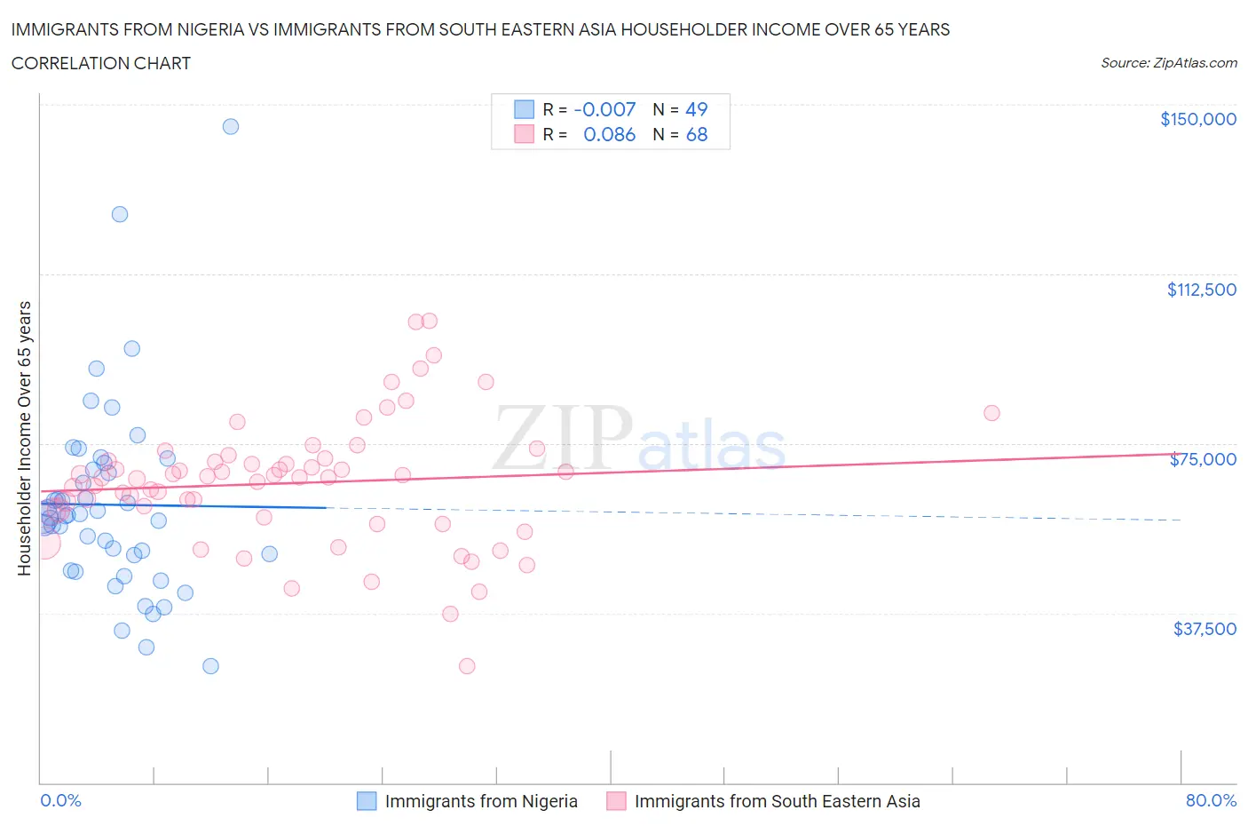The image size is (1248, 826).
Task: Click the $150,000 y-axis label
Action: click(x=1197, y=119)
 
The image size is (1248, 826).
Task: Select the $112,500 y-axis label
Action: click(x=1201, y=290)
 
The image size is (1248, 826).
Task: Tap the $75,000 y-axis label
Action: click(x=1203, y=459)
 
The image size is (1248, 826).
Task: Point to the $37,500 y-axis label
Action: click(x=1205, y=629)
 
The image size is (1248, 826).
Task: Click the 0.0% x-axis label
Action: click(x=60, y=800)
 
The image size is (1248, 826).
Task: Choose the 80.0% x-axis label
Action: click(x=1211, y=800)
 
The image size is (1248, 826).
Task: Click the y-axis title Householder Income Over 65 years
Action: click(x=25, y=438)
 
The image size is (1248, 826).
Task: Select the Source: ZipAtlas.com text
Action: click(x=1168, y=62)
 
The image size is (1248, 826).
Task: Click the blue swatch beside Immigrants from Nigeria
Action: click(x=367, y=801)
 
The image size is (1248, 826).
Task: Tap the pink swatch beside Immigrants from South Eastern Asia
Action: click(x=616, y=801)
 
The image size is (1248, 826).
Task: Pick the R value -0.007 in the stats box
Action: click(x=604, y=109)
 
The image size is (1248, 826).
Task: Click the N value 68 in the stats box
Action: click(x=696, y=134)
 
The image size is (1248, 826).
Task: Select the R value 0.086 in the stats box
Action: click(x=609, y=134)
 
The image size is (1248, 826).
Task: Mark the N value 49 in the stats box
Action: click(x=696, y=109)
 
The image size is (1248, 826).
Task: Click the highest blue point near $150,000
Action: click(x=231, y=126)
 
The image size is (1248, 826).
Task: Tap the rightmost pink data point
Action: click(x=991, y=413)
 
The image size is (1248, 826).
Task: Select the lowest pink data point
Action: click(x=467, y=666)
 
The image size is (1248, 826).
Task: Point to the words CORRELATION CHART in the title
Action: click(x=101, y=63)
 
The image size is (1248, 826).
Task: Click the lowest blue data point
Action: click(x=210, y=666)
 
